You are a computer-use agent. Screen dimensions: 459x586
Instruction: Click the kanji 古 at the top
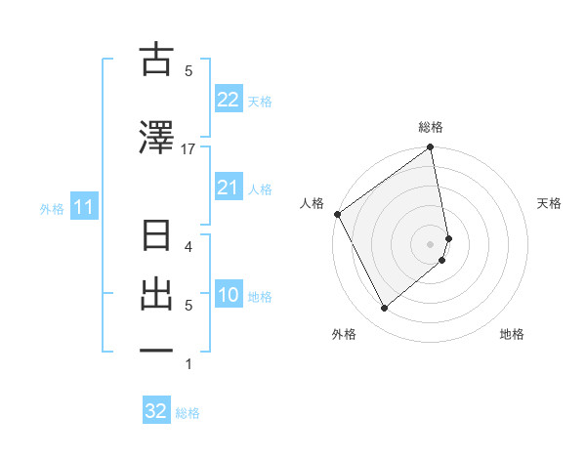tap(156, 61)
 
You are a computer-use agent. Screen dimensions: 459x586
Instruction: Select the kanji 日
tap(156, 238)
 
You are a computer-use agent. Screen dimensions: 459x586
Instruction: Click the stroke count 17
tap(188, 149)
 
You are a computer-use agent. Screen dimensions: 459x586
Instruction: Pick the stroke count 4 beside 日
tap(188, 246)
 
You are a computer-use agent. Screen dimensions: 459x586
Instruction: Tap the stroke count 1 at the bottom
tap(188, 364)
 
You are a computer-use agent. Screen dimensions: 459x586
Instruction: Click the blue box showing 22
tap(228, 100)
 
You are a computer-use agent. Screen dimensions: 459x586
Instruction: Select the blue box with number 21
tap(228, 188)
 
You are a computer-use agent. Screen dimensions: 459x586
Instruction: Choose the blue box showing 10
tap(228, 295)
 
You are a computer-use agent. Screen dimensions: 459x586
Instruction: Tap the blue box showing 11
tap(83, 207)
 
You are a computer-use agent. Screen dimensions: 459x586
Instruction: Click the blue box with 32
tap(156, 411)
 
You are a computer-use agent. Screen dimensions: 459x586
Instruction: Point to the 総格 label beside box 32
tap(188, 413)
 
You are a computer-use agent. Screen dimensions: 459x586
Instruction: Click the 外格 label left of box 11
tap(52, 208)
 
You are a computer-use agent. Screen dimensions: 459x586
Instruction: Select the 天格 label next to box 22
tap(259, 101)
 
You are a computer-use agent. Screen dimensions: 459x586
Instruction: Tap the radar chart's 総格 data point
tap(430, 148)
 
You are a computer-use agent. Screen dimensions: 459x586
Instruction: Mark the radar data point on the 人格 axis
tap(337, 214)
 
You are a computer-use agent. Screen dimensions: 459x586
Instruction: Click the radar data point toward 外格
tap(384, 309)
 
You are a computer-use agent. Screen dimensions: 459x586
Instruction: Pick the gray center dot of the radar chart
tap(431, 243)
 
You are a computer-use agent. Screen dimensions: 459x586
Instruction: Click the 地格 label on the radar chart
tap(512, 335)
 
